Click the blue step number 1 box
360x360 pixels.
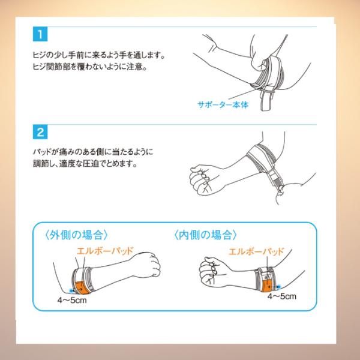click(40, 34)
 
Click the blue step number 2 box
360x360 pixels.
click(40, 132)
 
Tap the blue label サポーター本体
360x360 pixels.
click(223, 104)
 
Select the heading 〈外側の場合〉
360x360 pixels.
click(76, 235)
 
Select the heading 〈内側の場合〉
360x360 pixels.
click(205, 235)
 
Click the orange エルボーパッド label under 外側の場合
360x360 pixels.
click(105, 251)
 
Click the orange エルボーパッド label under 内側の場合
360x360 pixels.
click(257, 251)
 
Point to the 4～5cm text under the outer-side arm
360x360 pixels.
click(72, 300)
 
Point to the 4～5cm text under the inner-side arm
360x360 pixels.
click(282, 296)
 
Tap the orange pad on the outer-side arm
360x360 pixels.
click(82, 287)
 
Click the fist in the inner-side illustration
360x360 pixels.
click(211, 272)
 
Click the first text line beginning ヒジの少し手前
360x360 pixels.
click(99, 55)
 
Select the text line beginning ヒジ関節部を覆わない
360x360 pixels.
click(90, 67)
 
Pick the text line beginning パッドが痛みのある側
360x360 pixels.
click(93, 152)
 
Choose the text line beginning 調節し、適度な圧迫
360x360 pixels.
click(85, 164)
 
